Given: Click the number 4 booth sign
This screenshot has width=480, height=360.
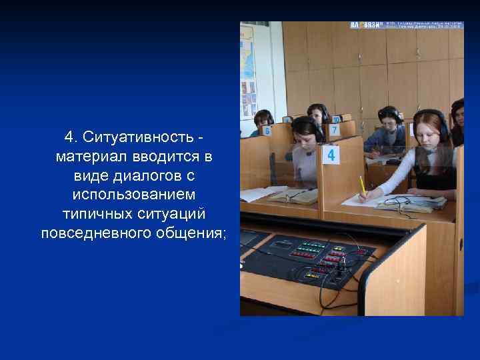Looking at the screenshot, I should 331,155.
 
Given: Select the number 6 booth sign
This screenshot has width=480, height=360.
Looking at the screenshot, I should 267,131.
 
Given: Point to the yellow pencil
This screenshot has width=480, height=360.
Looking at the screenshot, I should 362,186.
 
